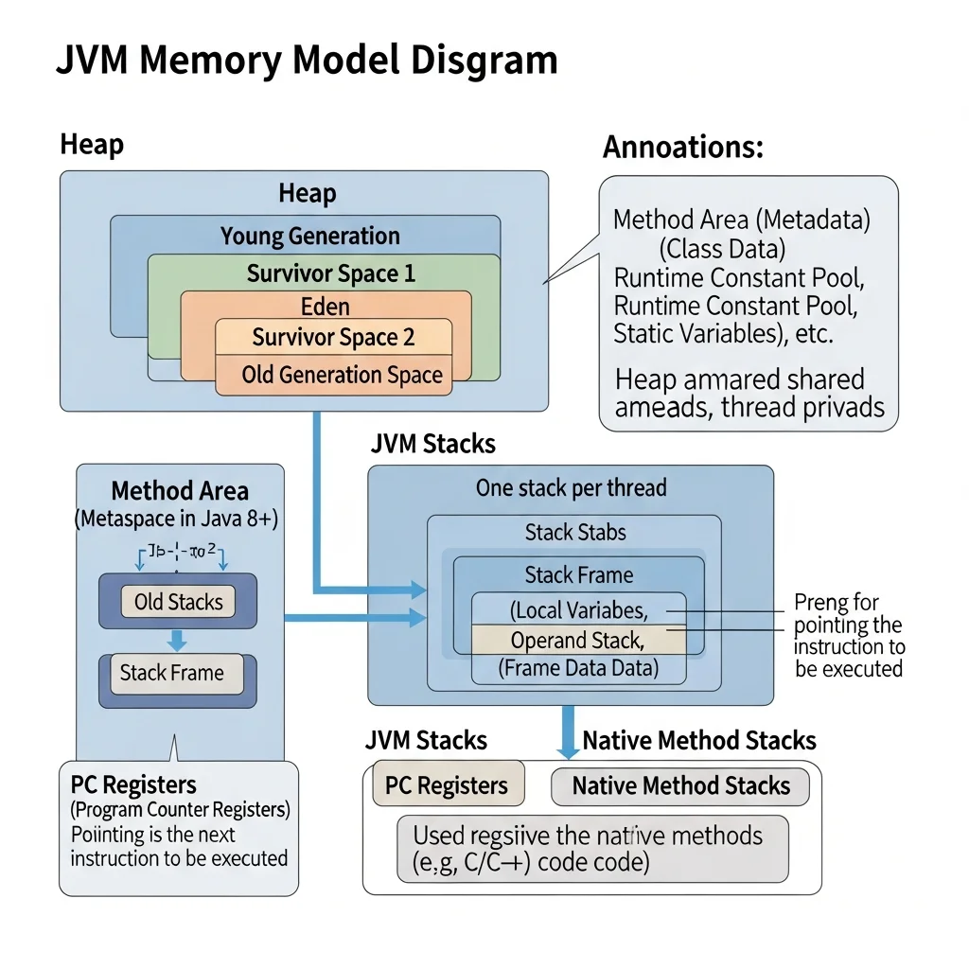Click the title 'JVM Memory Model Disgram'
(x=307, y=61)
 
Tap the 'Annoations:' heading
(x=683, y=148)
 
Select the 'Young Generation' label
(x=310, y=236)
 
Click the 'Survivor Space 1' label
(x=331, y=273)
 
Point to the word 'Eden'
(x=326, y=307)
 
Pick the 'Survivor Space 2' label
(x=333, y=338)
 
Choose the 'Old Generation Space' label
(x=342, y=375)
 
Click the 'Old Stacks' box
(x=178, y=602)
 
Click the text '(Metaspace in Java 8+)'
(x=179, y=519)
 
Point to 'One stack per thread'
(x=571, y=488)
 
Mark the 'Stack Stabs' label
(x=575, y=533)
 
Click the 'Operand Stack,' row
(x=577, y=640)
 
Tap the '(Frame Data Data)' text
(x=578, y=669)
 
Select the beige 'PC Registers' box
(x=447, y=785)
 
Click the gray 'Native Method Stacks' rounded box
(x=680, y=785)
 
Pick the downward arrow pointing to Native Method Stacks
(x=568, y=734)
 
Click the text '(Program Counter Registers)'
(x=180, y=810)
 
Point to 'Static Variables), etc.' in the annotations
(x=723, y=333)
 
